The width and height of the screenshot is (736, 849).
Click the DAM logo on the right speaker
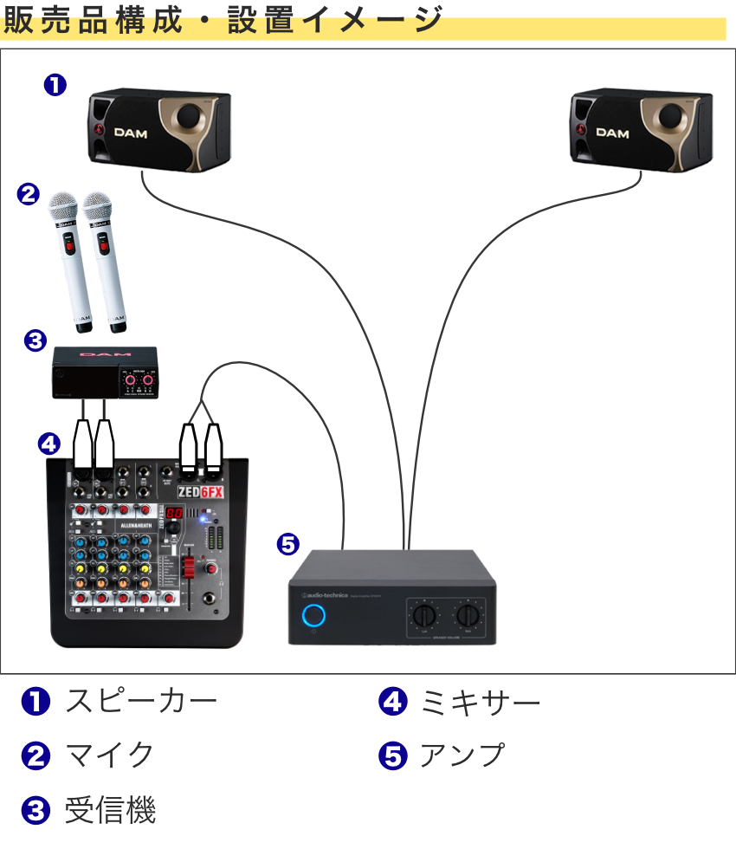(x=612, y=133)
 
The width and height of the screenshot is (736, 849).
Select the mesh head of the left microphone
(x=62, y=208)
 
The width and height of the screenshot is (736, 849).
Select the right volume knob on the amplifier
(x=469, y=617)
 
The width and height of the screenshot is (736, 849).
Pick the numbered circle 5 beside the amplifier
(x=287, y=544)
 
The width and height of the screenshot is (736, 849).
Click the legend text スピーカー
(x=140, y=701)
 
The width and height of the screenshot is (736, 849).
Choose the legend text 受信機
(x=110, y=811)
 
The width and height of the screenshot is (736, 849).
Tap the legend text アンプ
(x=462, y=755)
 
